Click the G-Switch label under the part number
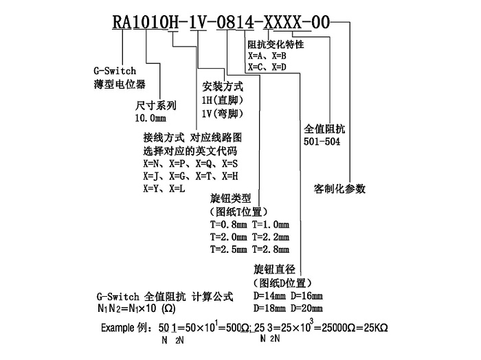(x=114, y=71)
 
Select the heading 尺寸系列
(x=157, y=106)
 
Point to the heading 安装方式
(x=223, y=87)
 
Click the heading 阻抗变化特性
(x=276, y=45)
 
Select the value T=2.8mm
(x=271, y=249)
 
